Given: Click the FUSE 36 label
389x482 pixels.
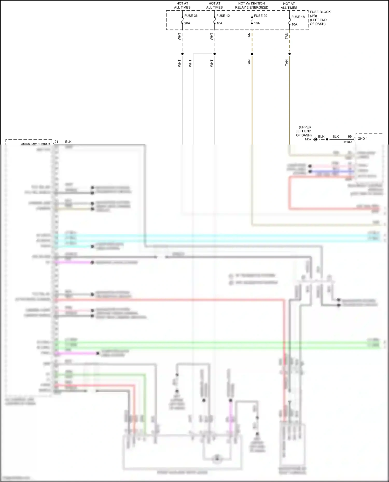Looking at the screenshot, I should tap(191, 16).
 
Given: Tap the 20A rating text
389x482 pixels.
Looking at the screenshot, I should tap(187, 23).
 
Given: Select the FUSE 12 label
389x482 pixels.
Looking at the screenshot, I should tap(223, 16).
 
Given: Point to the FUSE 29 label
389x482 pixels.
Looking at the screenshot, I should tap(260, 16).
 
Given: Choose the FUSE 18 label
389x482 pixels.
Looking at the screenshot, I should tap(298, 17).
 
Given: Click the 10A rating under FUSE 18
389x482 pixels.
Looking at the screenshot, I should tap(294, 25).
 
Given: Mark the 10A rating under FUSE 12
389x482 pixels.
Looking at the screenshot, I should tap(219, 23).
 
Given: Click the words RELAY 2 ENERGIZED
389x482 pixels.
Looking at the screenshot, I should tap(252, 8).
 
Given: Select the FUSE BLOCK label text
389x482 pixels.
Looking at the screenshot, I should tap(320, 12).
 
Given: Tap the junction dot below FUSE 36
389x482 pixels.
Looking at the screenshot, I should tap(182, 54).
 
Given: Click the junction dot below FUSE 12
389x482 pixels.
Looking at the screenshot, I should tap(214, 54).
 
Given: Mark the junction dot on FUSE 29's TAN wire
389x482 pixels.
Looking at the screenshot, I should tap(252, 54).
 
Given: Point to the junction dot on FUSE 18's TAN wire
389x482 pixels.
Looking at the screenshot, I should tap(289, 54).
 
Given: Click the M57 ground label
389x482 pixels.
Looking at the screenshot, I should tap(308, 139).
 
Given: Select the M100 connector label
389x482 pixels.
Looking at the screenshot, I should tap(348, 142).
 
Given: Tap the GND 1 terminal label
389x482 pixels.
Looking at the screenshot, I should tap(362, 139).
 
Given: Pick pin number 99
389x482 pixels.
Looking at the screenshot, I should tap(350, 136).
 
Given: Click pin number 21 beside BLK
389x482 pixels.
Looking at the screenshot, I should tap(56, 142).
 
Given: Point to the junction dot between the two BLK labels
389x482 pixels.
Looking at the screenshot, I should tap(327, 139).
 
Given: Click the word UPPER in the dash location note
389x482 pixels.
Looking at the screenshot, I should tap(305, 127).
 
